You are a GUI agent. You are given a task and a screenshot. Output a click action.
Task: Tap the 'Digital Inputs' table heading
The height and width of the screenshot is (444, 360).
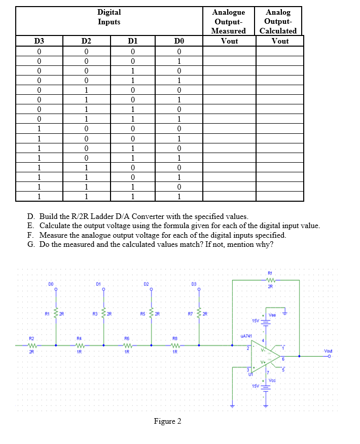pos(109,17)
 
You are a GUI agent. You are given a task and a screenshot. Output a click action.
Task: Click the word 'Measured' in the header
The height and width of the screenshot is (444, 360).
pos(229,31)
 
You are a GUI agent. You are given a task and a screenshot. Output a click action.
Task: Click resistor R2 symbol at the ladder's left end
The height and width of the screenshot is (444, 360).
pos(31,345)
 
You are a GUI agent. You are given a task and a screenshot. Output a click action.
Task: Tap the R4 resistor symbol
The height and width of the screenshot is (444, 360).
pos(79,345)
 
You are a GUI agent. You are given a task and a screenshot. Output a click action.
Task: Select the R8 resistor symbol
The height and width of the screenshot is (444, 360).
pos(174,345)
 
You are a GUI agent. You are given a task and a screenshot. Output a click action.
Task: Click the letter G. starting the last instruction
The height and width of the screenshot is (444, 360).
pos(31,244)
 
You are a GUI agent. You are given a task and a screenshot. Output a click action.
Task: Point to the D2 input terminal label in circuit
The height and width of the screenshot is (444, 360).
pos(146,284)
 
